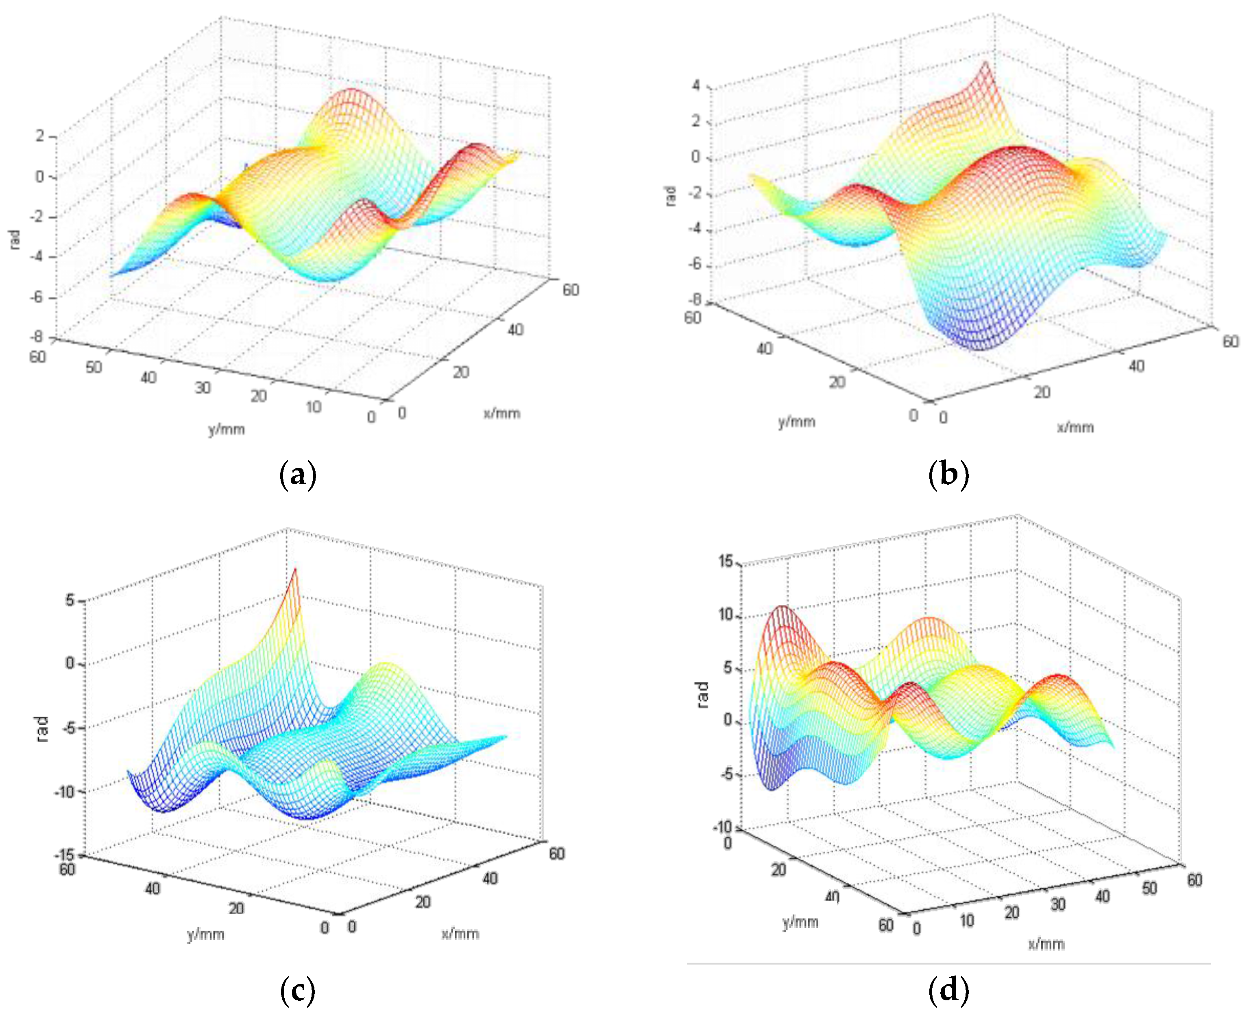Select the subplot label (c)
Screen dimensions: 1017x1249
(x=298, y=990)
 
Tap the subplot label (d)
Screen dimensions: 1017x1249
(x=948, y=990)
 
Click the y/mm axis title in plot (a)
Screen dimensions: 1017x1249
(x=226, y=429)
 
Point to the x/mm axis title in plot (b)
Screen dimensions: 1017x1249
(x=1075, y=427)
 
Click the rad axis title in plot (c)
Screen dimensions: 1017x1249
(x=42, y=729)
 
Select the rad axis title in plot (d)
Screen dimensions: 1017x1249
(x=703, y=695)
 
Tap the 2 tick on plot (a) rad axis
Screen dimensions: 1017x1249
(x=40, y=136)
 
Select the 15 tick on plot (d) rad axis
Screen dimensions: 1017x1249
(x=725, y=562)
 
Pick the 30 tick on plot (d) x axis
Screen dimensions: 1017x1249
(x=1057, y=905)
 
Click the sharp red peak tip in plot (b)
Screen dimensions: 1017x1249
(x=985, y=63)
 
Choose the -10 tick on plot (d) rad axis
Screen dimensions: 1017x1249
(x=722, y=828)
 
